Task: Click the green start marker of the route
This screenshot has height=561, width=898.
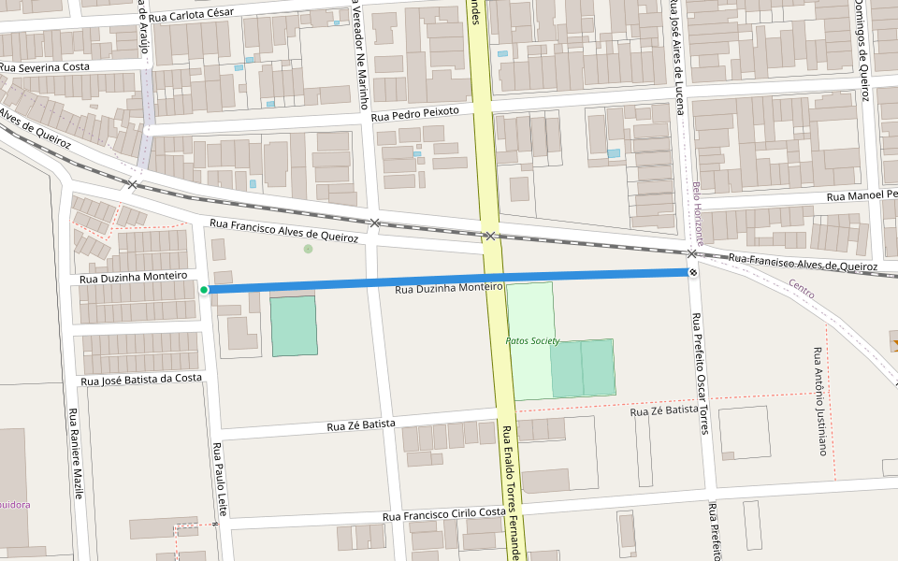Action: (x=204, y=290)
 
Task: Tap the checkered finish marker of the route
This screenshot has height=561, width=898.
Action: (x=693, y=272)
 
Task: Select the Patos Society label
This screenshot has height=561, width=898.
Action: (x=532, y=341)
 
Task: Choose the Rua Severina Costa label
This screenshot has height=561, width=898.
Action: (x=45, y=67)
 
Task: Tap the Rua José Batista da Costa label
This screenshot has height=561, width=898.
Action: (x=141, y=379)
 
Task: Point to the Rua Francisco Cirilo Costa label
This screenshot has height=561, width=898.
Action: (x=443, y=514)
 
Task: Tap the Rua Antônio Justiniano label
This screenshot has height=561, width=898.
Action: (x=820, y=401)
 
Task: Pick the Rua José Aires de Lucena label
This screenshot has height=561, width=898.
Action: (x=674, y=56)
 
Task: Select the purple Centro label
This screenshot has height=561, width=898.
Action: (x=801, y=289)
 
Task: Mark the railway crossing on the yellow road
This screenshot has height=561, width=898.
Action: (x=489, y=237)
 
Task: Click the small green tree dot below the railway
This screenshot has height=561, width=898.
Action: (x=308, y=249)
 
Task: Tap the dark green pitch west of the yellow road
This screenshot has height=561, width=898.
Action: (x=294, y=325)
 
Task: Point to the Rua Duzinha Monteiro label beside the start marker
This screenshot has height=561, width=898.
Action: (x=133, y=278)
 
